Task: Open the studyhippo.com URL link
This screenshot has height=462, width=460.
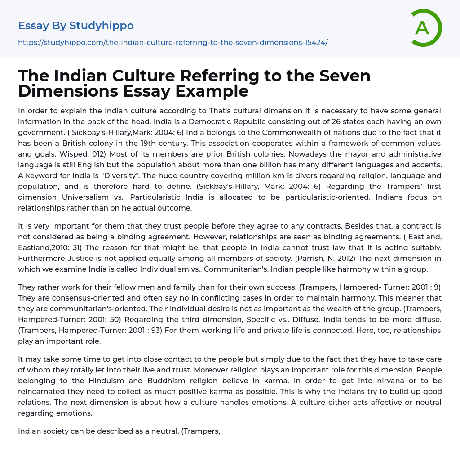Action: (x=173, y=42)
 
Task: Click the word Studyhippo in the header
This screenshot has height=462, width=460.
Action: (x=102, y=26)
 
